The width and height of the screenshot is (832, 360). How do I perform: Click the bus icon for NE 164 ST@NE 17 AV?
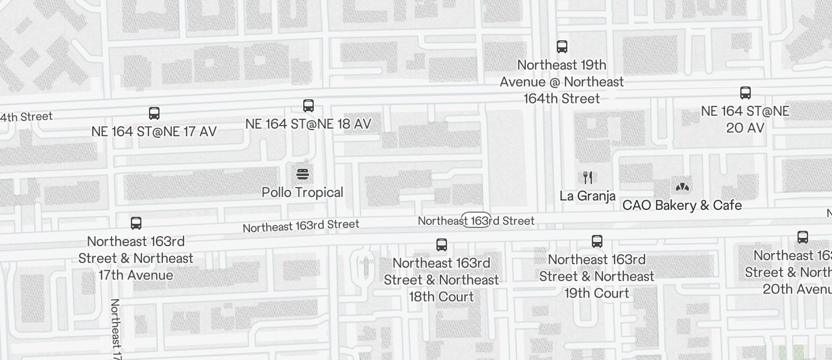154,113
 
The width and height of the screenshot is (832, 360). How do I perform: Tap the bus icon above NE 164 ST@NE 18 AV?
308,106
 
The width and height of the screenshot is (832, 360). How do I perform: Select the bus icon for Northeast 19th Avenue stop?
562,46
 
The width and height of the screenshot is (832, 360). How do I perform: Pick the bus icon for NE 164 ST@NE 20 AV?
746,92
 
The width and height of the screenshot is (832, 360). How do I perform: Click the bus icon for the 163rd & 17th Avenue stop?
136,223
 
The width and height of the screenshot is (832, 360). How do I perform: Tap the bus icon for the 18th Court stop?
442,245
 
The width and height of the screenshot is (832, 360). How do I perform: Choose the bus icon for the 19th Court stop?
597,241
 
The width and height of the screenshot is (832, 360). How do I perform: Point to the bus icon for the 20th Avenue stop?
803,237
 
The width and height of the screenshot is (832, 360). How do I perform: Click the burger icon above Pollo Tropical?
303,174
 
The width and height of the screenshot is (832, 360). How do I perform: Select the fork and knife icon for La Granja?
588,178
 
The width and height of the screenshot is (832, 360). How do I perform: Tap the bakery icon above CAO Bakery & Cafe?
682,187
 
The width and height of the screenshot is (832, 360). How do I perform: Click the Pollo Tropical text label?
303,192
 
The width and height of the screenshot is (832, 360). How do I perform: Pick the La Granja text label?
588,196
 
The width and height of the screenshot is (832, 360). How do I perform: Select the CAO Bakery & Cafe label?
682,205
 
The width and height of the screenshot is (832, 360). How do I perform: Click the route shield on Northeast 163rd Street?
476,220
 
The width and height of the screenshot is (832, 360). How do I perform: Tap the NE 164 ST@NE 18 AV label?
308,124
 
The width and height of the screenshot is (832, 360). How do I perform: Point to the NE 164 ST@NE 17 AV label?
154,131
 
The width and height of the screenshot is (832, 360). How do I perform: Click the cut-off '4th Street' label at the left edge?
26,117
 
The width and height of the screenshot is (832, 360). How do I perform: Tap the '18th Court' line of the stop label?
442,297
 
